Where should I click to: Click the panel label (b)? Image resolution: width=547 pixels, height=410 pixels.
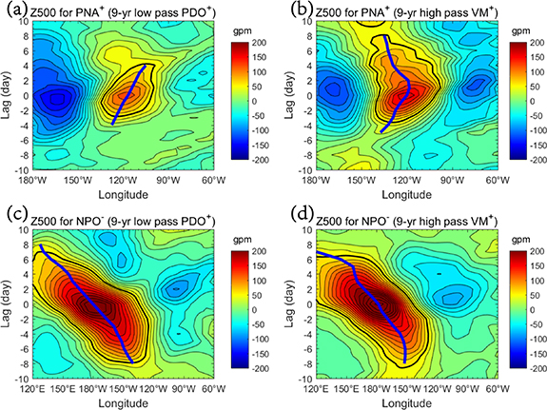288,10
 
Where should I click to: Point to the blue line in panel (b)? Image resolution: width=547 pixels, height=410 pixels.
400,86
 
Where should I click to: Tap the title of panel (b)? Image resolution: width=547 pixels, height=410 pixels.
400,10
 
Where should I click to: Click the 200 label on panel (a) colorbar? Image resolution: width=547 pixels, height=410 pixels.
250,45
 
